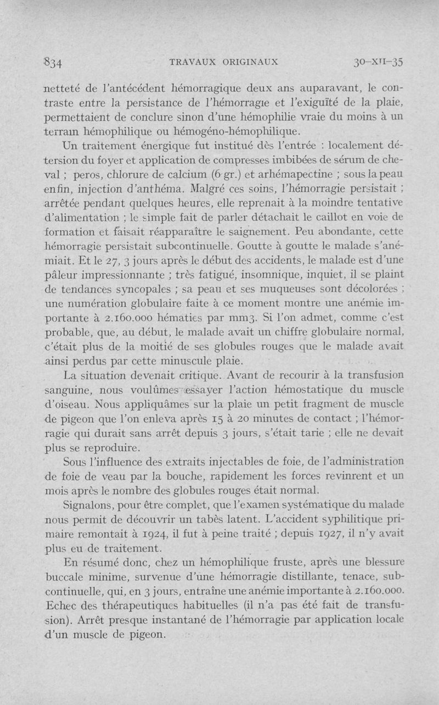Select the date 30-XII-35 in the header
[378, 62]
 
